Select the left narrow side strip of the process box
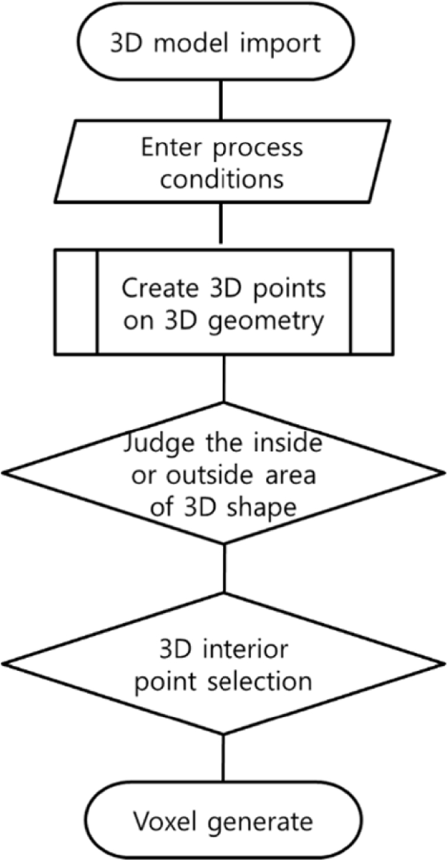click(76, 302)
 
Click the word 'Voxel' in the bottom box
click(164, 822)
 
